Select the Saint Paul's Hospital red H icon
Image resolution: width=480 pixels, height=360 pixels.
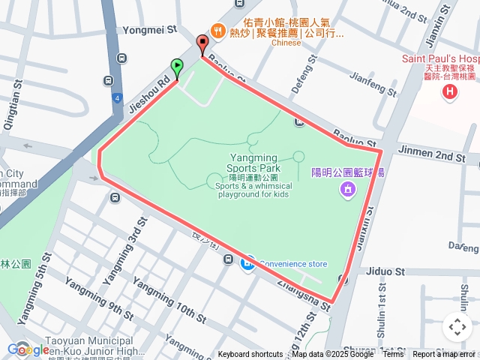pyautogui.click(x=450, y=91)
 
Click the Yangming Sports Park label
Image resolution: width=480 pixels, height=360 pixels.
pyautogui.click(x=252, y=163)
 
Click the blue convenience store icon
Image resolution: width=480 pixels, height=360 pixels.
pyautogui.click(x=247, y=263)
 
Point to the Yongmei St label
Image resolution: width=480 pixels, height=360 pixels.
pyautogui.click(x=149, y=30)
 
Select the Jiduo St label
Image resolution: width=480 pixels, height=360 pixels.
pyautogui.click(x=385, y=271)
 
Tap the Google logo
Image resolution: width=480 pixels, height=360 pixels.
pyautogui.click(x=28, y=349)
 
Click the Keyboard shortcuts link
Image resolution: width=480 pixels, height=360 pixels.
pyautogui.click(x=250, y=355)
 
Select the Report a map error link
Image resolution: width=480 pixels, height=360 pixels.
pyautogui.click(x=444, y=355)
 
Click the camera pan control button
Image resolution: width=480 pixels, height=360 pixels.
pyautogui.click(x=457, y=327)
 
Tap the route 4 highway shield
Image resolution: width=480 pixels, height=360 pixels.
pyautogui.click(x=118, y=97)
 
